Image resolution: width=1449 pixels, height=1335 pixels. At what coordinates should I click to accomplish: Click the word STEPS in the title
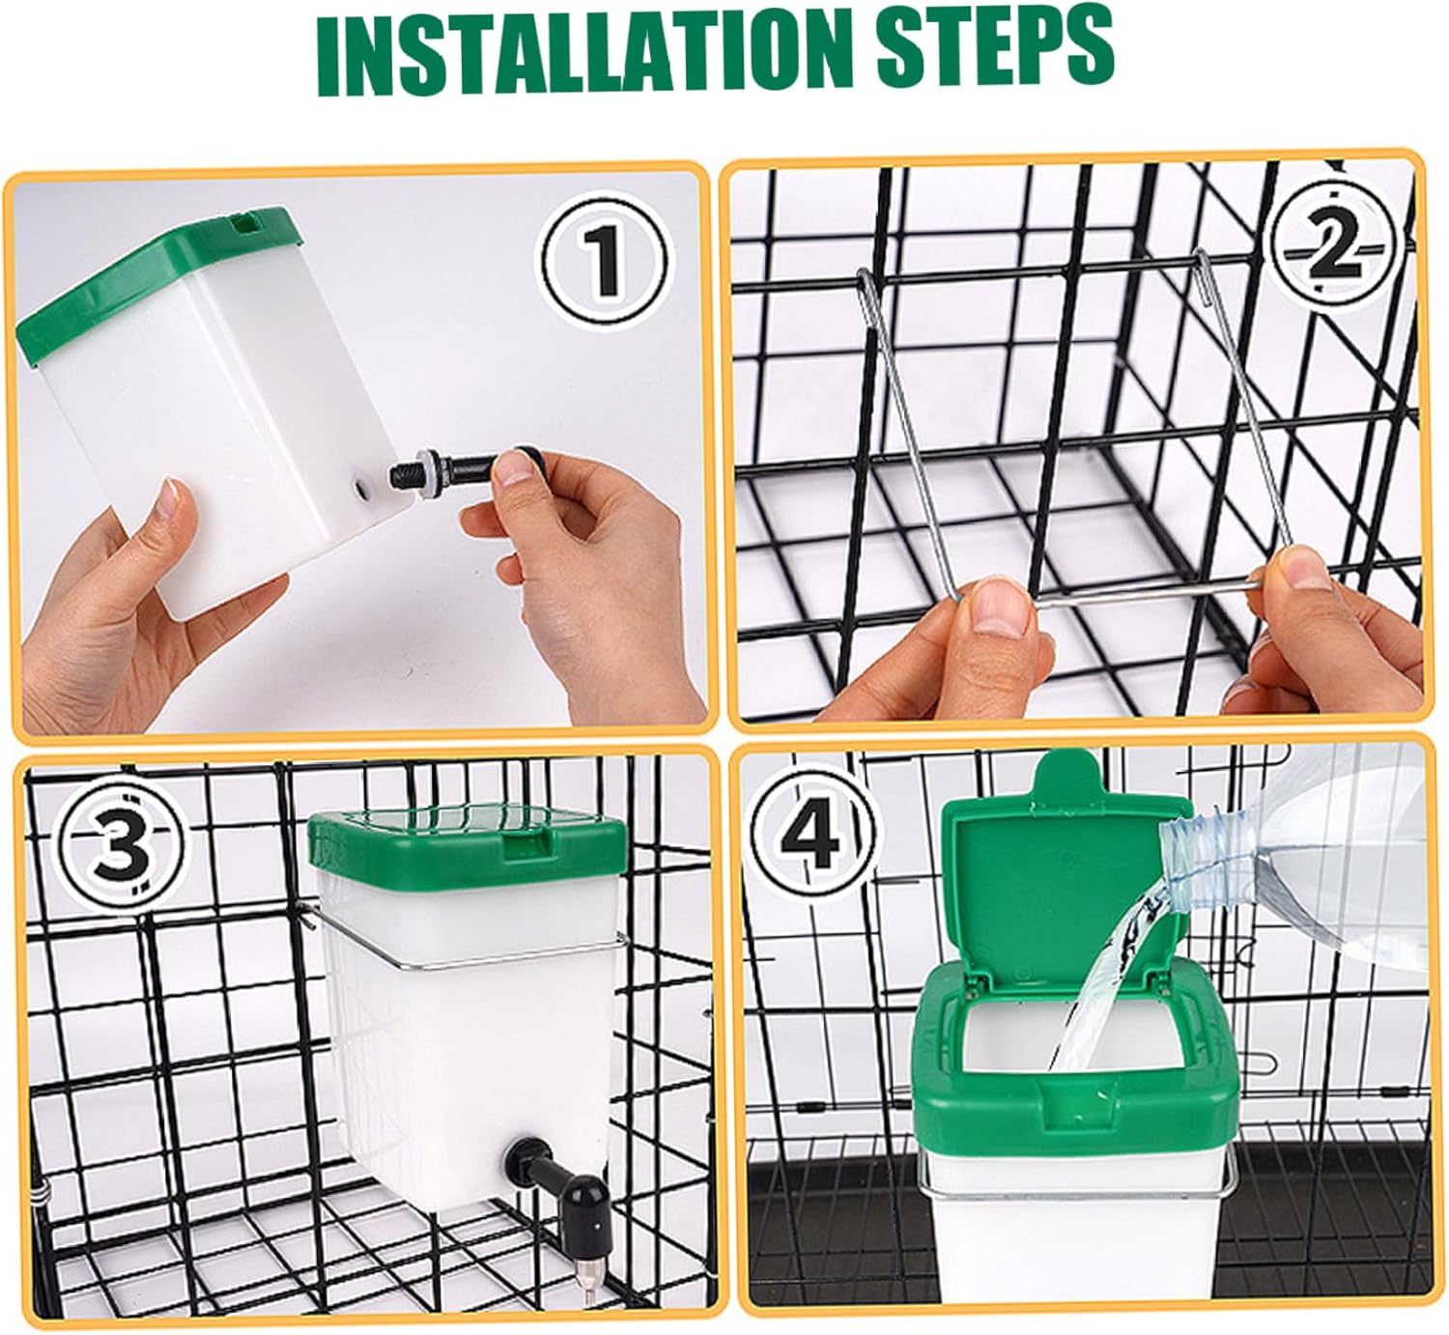pos(995,48)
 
